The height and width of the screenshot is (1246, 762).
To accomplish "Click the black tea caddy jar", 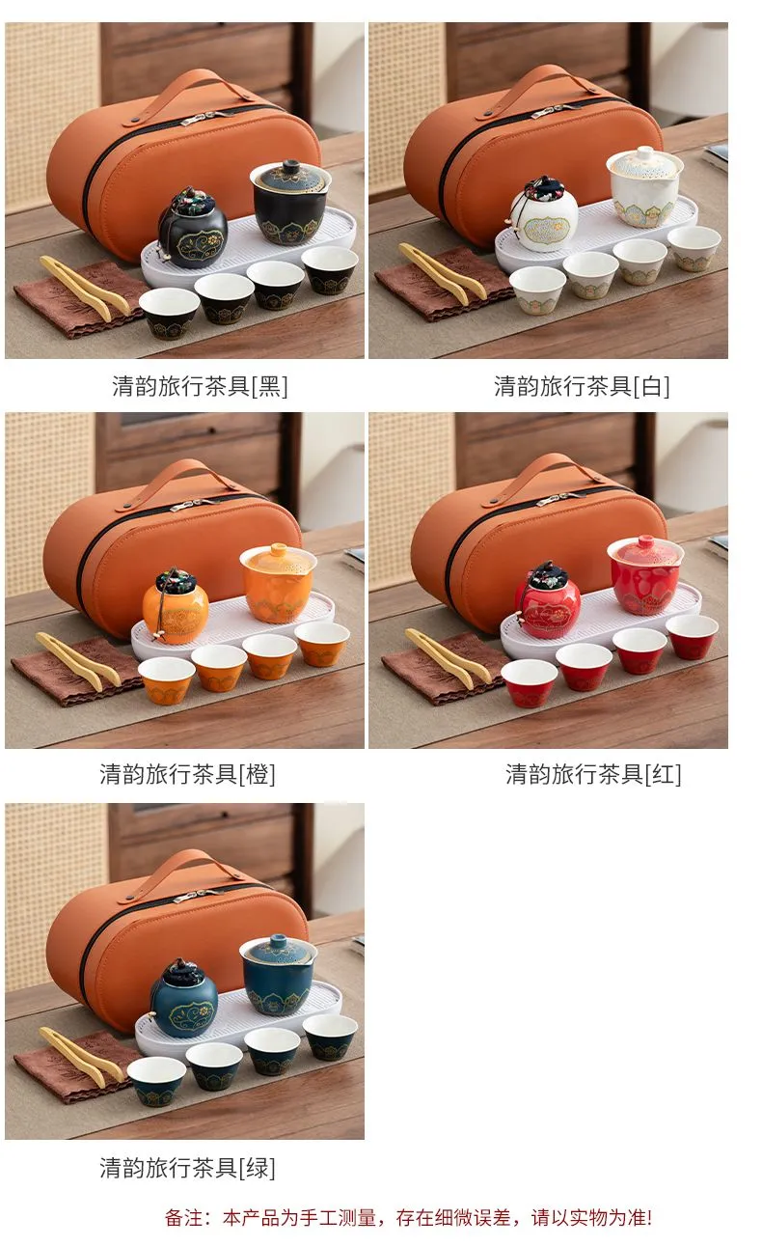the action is click(193, 229).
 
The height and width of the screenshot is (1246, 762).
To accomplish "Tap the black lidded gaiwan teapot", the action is click(290, 203).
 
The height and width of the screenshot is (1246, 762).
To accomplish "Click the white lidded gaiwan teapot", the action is click(644, 187).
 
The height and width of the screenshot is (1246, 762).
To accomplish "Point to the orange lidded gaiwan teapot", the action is click(278, 584).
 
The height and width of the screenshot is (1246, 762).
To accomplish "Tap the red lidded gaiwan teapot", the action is click(645, 575).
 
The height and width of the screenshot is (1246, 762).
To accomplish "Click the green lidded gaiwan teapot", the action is click(278, 976).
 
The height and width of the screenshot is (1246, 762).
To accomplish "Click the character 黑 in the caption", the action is click(269, 386).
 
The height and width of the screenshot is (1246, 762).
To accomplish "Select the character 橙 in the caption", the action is click(258, 774).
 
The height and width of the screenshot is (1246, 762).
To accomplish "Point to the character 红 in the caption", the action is click(663, 774).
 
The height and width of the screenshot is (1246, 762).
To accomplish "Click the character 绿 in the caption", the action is click(258, 1168).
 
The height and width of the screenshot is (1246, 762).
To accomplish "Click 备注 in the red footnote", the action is click(184, 1218).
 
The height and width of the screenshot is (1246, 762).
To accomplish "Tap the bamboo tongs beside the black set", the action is click(83, 289).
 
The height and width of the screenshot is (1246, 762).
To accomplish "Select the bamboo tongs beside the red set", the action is click(448, 659).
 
